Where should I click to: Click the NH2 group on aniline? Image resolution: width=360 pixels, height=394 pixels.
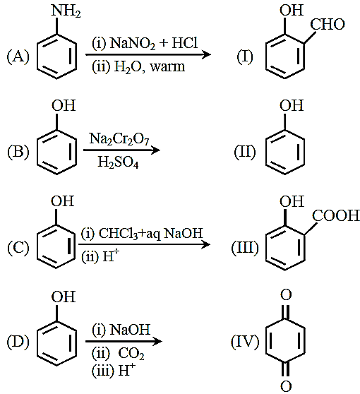66,11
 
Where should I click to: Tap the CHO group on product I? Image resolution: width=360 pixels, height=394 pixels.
328,25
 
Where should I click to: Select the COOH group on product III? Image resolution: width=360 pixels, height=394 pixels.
336,215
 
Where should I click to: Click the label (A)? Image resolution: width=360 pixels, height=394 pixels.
18,56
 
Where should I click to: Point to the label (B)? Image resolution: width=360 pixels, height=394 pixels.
18,152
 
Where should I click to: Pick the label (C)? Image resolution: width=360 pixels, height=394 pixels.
18,248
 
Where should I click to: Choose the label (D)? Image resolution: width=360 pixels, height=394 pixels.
18,342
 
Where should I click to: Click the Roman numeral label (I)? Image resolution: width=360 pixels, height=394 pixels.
245,56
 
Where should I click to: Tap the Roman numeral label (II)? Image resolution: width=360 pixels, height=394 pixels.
245,152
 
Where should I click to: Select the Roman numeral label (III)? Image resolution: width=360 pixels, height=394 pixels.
245,248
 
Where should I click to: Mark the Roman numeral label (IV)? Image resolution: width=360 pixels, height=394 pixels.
245,342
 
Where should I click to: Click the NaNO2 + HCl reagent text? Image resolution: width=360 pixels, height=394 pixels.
154,43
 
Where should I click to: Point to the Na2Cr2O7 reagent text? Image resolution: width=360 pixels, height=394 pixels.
119,139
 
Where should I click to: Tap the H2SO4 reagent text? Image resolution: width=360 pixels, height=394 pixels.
118,162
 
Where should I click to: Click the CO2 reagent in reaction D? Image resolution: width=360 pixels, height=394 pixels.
131,354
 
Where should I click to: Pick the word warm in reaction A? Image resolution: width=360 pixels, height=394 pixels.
167,67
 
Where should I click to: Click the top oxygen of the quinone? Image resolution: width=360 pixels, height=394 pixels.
286,295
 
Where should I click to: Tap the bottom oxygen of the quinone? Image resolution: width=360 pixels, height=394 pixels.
286,386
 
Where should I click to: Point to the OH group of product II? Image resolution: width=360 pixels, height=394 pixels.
292,105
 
